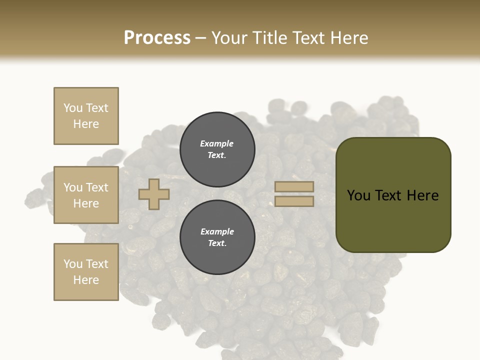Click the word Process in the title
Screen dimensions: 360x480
tap(157, 38)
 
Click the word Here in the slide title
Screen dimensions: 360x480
tap(348, 38)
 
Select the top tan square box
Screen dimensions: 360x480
tap(86, 116)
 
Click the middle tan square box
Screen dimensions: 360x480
tap(86, 195)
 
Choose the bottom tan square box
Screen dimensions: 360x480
tap(86, 272)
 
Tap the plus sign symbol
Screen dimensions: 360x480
tap(154, 194)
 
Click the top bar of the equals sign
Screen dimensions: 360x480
tap(294, 187)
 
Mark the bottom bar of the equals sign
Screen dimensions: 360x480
tap(294, 201)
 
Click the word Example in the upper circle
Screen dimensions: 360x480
tap(217, 143)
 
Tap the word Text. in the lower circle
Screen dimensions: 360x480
tap(217, 243)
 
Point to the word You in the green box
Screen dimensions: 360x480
tap(359, 195)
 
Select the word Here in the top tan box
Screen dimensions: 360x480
tap(86, 124)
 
